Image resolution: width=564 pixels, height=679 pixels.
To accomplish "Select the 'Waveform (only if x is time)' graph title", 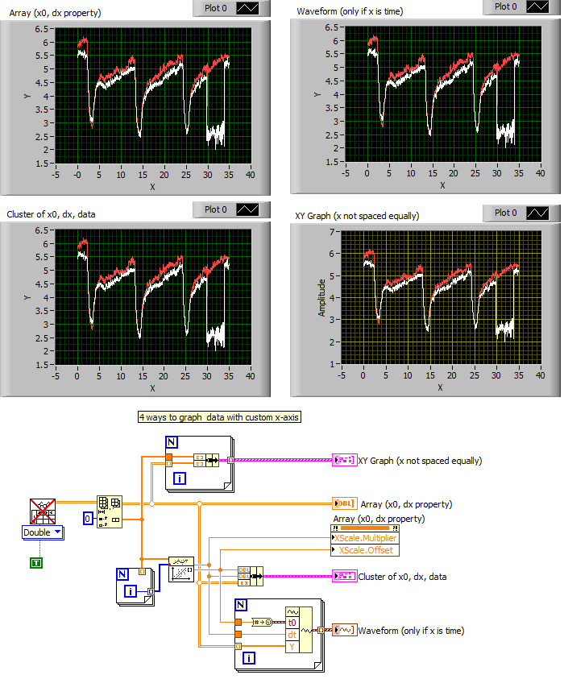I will (350, 11).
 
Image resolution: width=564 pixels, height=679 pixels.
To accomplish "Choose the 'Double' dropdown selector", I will (44, 532).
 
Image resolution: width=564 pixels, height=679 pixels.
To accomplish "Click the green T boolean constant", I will (35, 562).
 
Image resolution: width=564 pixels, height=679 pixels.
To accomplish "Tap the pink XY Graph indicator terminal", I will (342, 460).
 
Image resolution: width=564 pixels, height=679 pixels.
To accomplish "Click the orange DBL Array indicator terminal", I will (342, 504).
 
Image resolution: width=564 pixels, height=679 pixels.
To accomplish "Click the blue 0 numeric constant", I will (90, 516).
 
